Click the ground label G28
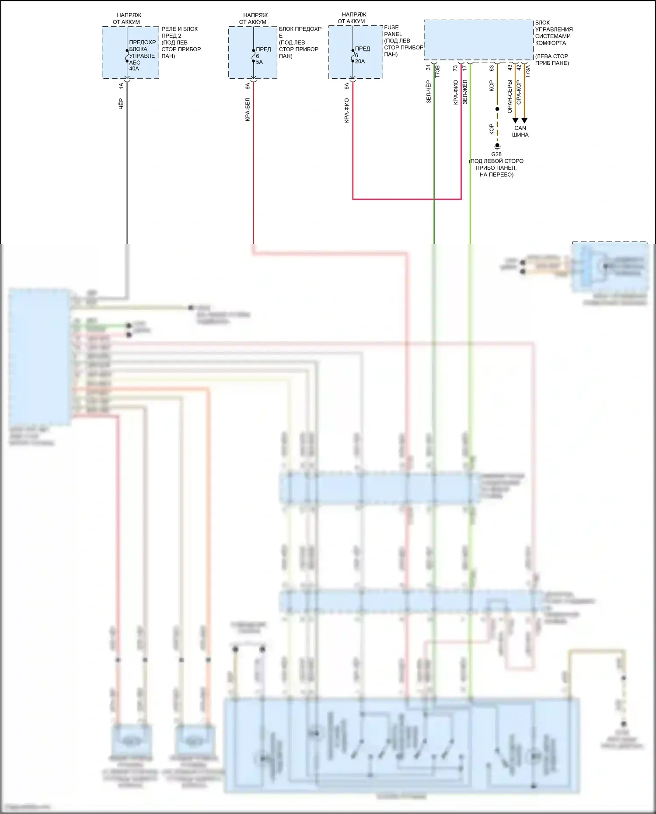496,154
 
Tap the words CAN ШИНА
520,131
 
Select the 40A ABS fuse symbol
127,56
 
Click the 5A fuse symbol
253,56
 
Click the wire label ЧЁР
121,104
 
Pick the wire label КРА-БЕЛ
248,109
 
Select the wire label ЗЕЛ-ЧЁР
429,92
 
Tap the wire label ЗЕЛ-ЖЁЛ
465,92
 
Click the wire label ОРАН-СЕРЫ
509,96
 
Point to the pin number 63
492,68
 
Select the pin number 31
429,68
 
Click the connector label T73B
437,71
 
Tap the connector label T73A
527,71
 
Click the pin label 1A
121,86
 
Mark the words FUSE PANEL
393,31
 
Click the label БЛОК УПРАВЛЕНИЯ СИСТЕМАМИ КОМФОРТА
553,33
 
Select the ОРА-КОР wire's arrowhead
524,120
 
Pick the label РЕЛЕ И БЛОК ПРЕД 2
179,32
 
